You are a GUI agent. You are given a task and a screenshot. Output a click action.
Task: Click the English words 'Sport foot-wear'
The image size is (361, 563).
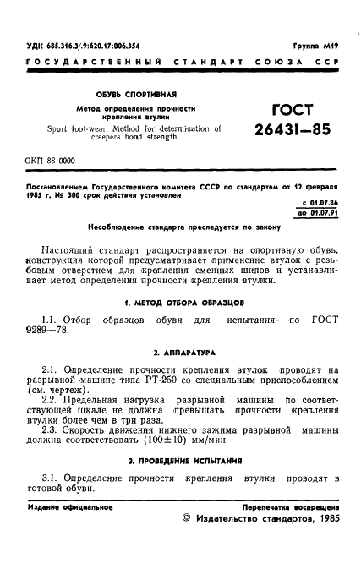(74, 129)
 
